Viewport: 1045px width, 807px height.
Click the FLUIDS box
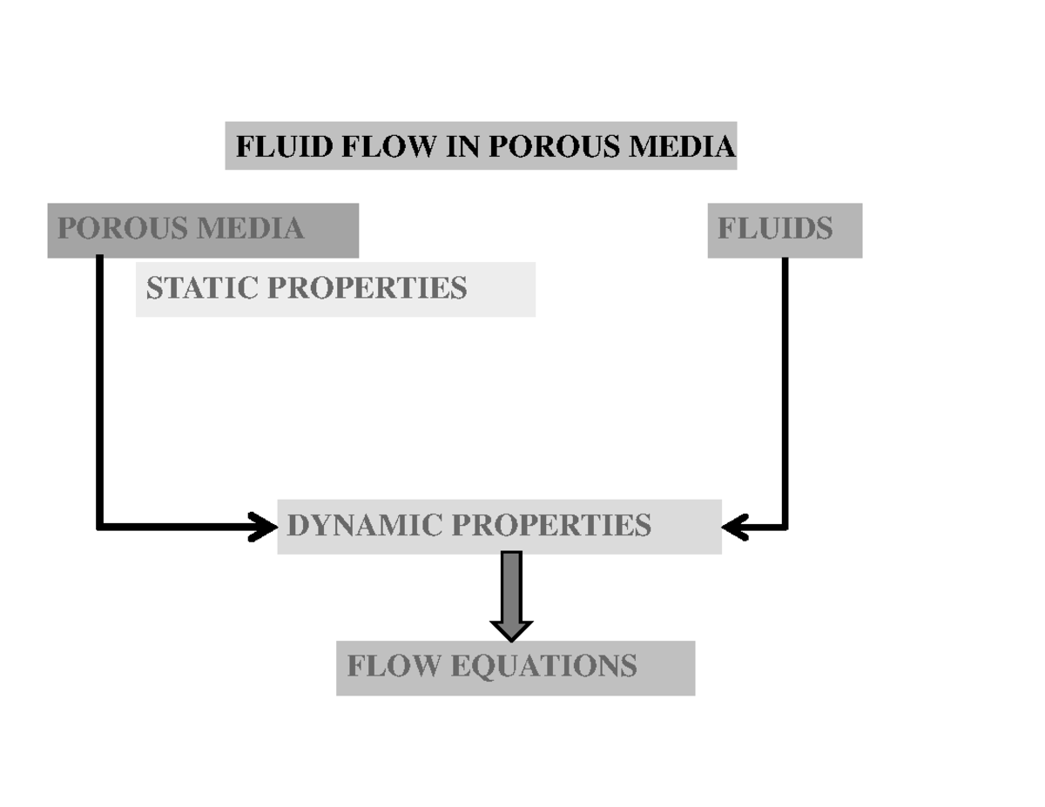[x=784, y=230]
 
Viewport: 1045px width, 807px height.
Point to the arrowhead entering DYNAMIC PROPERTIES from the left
[x=263, y=527]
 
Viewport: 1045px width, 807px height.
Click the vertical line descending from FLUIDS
[x=785, y=392]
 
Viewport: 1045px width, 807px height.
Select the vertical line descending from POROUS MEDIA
[x=100, y=392]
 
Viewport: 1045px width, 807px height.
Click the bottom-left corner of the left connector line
[x=101, y=526]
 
